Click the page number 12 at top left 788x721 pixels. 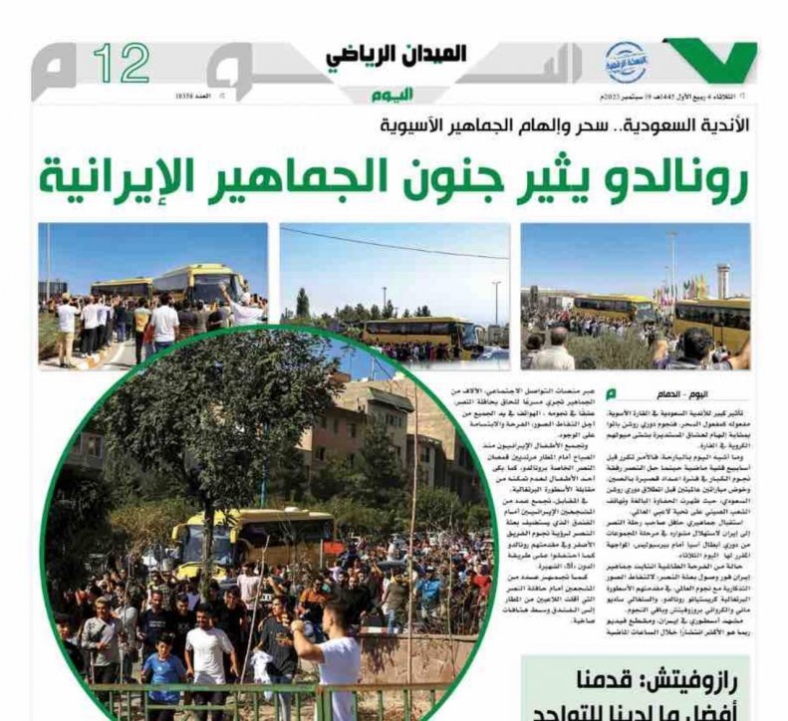(x=122, y=64)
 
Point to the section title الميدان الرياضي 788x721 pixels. (x=396, y=56)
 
